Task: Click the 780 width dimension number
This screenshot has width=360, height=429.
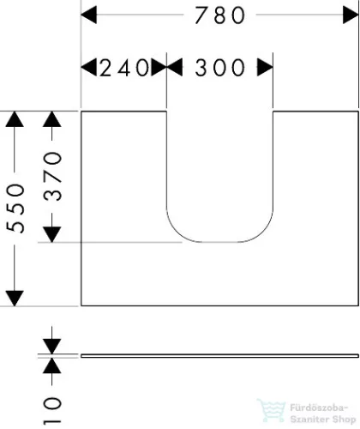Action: (x=219, y=15)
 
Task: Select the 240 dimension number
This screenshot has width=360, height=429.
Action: (x=124, y=68)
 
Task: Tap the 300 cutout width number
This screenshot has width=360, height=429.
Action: (x=219, y=68)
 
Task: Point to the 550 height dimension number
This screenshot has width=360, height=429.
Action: (x=15, y=208)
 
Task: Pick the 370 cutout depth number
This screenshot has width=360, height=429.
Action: (x=52, y=177)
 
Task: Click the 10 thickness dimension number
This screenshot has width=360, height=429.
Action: (x=52, y=409)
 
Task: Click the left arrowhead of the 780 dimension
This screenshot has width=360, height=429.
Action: (x=89, y=15)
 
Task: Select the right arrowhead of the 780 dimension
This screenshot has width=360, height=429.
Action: (x=351, y=15)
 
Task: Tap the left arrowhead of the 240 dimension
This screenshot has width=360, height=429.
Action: (x=89, y=68)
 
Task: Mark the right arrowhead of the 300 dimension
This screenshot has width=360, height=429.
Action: (x=265, y=68)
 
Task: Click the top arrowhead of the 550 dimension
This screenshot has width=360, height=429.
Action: (x=15, y=119)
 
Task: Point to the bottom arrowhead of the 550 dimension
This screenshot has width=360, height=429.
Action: (x=15, y=299)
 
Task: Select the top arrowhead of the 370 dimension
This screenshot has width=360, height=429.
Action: (x=52, y=119)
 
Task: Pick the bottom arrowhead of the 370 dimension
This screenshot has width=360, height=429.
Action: (x=52, y=234)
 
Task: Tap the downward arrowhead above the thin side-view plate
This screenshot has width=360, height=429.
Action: (x=52, y=347)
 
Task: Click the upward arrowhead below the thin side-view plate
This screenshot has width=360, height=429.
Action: (x=52, y=366)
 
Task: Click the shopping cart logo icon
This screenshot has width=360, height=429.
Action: (x=272, y=411)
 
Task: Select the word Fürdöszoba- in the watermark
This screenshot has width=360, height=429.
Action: (x=319, y=408)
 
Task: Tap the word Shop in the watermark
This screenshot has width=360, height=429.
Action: (x=344, y=420)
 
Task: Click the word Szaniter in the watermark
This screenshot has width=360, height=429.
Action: (x=309, y=420)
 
